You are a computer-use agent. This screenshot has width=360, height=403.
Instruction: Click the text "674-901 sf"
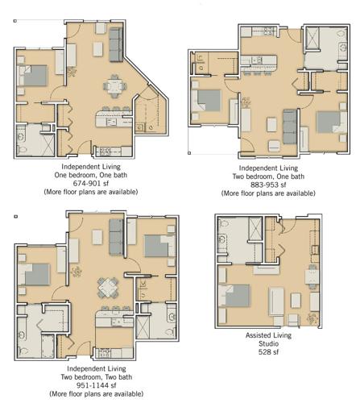tap(91, 184)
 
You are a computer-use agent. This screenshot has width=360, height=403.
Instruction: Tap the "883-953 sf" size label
tap(268, 185)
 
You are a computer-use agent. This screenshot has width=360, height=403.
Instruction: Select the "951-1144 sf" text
tap(97, 385)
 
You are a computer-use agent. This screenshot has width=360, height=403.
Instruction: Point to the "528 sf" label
tap(268, 352)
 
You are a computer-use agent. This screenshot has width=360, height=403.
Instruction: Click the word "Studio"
tap(268, 343)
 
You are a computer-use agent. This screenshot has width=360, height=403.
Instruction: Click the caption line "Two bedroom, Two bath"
tap(97, 377)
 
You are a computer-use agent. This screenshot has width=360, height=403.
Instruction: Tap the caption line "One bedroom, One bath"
tap(91, 175)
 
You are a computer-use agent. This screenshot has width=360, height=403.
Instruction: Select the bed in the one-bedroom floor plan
tap(33, 76)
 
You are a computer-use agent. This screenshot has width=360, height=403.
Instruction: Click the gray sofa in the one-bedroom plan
tap(116, 44)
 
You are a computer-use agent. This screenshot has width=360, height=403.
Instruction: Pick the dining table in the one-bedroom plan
tap(114, 86)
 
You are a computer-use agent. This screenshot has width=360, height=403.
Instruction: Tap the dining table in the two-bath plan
tap(108, 288)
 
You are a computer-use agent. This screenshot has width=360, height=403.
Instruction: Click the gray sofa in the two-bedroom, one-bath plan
tap(290, 127)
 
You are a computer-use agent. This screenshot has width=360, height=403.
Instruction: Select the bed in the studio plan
tap(234, 296)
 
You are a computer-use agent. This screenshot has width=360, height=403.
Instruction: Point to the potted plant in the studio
tap(312, 319)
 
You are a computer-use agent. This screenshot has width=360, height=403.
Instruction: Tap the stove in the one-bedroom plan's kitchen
tap(104, 152)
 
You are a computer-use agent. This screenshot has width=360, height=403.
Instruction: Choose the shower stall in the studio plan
tap(255, 229)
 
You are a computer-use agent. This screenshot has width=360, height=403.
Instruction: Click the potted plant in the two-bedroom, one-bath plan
tap(246, 102)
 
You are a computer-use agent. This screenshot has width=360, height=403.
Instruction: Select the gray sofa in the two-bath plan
tap(116, 237)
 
